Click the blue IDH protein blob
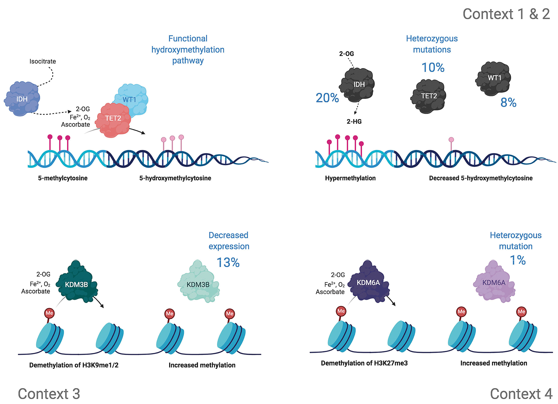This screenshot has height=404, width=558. [x=22, y=99]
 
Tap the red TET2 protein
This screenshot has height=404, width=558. [x=113, y=120]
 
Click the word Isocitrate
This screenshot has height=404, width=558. [x=43, y=61]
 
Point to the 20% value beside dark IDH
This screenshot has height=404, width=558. [x=327, y=98]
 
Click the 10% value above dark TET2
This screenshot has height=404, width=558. [x=433, y=67]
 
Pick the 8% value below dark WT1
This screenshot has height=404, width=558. [x=508, y=103]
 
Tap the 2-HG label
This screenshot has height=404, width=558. [x=354, y=122]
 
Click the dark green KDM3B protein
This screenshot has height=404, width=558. [x=77, y=283]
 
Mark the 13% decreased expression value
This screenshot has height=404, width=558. [x=228, y=262]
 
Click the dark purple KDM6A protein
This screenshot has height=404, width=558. [x=369, y=282]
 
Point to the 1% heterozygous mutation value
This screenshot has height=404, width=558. [x=518, y=260]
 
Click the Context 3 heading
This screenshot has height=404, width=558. [x=49, y=394]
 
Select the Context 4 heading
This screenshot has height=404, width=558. [x=521, y=394]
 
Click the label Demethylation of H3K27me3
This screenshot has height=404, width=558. [x=364, y=363]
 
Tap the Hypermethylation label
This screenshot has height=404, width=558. [x=350, y=178]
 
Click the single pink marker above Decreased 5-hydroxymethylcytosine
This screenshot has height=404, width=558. [x=451, y=140]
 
